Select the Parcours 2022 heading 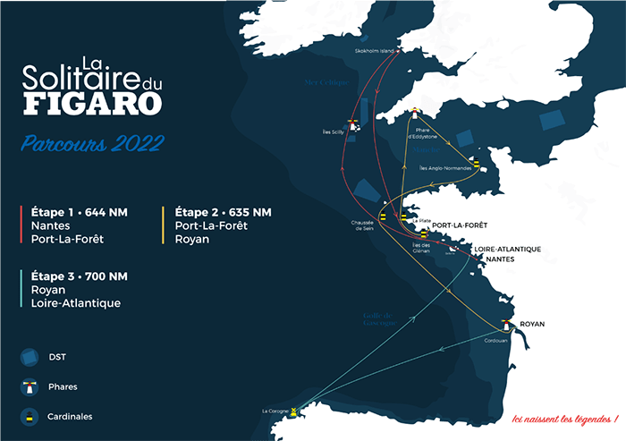[94, 143]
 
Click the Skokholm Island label [375, 51]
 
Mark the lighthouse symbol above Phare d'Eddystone [414, 115]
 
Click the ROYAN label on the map [532, 324]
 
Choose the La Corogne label [275, 411]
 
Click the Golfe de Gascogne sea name [379, 318]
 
